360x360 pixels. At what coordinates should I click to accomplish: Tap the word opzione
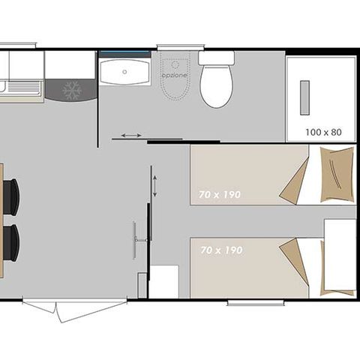[173, 76]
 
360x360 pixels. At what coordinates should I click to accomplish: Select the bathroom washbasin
[124, 71]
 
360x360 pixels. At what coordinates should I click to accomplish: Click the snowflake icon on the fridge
[71, 91]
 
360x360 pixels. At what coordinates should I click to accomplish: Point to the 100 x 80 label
[323, 132]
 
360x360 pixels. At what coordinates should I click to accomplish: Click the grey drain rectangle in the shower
[304, 97]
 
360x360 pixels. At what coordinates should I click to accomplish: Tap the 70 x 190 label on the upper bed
[220, 194]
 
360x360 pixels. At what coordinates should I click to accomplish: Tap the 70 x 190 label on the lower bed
[221, 250]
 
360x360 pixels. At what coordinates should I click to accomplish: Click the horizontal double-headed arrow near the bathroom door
[130, 136]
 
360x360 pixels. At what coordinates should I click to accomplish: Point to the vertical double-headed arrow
[154, 182]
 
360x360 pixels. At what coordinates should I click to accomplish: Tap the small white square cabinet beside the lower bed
[164, 281]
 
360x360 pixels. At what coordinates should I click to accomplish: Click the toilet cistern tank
[216, 58]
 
